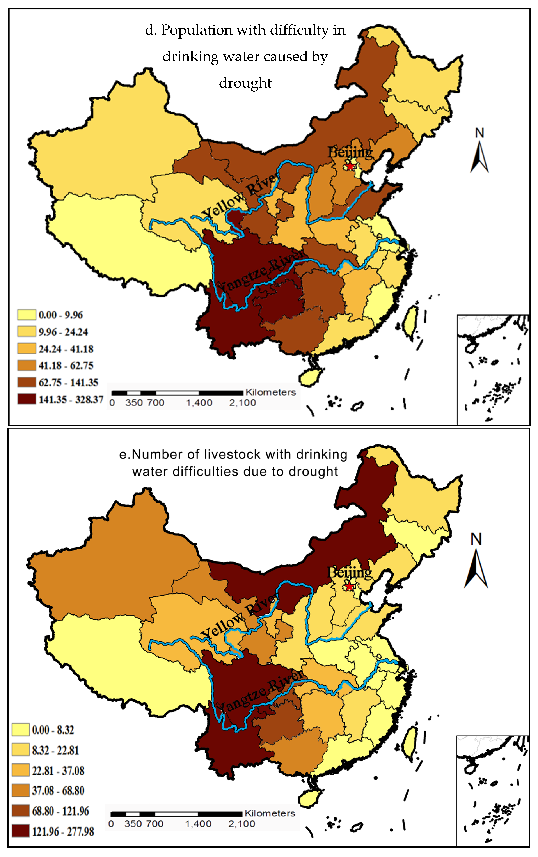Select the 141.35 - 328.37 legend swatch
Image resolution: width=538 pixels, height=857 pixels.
27,399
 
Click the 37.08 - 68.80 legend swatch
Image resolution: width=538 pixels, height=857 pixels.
21,790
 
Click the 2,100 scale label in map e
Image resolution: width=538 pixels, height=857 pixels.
242,824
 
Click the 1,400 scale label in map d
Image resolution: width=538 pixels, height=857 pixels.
199,403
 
